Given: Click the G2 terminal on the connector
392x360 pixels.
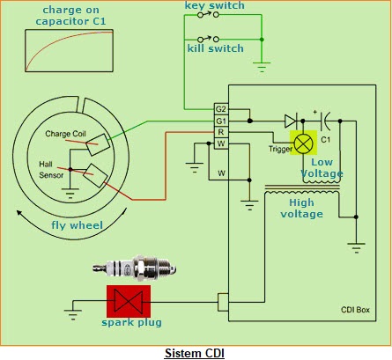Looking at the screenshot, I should [221, 108].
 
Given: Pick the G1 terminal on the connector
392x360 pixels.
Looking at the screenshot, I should [221, 120].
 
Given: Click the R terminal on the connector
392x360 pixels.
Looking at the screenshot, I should [221, 131].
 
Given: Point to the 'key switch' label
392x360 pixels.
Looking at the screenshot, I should [214, 6].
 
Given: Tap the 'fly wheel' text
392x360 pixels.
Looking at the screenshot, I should [73, 226].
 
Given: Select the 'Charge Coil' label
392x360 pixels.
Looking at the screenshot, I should [66, 134].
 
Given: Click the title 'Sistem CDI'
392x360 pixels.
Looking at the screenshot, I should [196, 352].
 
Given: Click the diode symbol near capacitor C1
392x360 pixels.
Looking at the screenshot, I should [290, 120].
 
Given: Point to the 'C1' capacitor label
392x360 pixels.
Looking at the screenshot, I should [326, 139].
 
